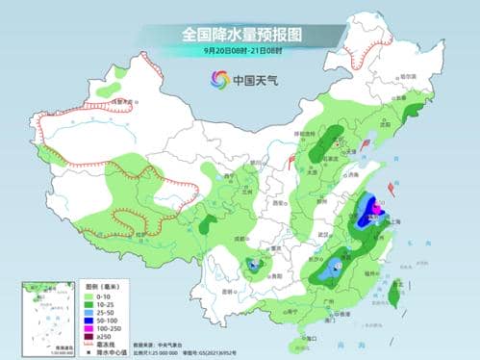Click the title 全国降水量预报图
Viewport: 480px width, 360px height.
240,35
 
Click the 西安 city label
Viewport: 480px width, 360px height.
280,204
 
